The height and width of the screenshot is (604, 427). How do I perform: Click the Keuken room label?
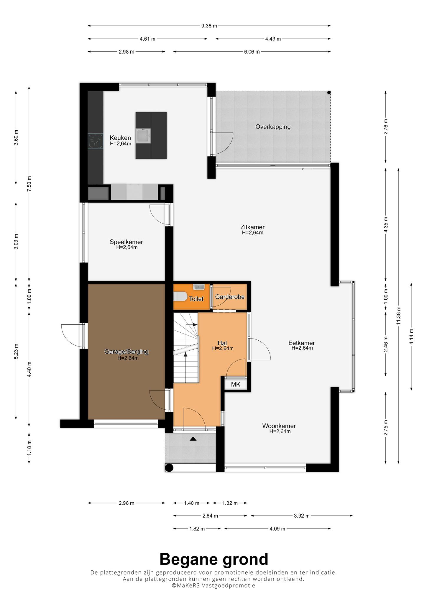click(120, 138)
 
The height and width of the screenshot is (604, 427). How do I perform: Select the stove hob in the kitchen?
click(96, 141)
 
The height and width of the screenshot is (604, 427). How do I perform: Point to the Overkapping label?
click(273, 127)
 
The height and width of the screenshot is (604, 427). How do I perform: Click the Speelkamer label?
click(126, 242)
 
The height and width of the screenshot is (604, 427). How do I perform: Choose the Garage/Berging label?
click(127, 352)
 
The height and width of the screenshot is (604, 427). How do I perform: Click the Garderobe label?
click(230, 297)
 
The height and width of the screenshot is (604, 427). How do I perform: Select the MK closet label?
click(236, 384)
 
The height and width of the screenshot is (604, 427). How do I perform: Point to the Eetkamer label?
click(302, 343)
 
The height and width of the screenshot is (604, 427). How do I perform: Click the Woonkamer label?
click(279, 426)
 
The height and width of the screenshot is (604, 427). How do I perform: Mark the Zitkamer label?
click(252, 227)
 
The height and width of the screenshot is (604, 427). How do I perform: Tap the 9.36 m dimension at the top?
click(209, 26)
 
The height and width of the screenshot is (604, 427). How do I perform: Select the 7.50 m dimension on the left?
click(29, 184)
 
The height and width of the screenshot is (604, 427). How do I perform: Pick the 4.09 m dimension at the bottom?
click(277, 529)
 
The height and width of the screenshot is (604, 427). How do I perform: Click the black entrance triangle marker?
click(193, 439)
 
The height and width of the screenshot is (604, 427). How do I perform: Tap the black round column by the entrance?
click(169, 468)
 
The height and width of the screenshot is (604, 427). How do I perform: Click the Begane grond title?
click(214, 559)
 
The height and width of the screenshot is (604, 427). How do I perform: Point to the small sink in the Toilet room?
click(199, 286)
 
